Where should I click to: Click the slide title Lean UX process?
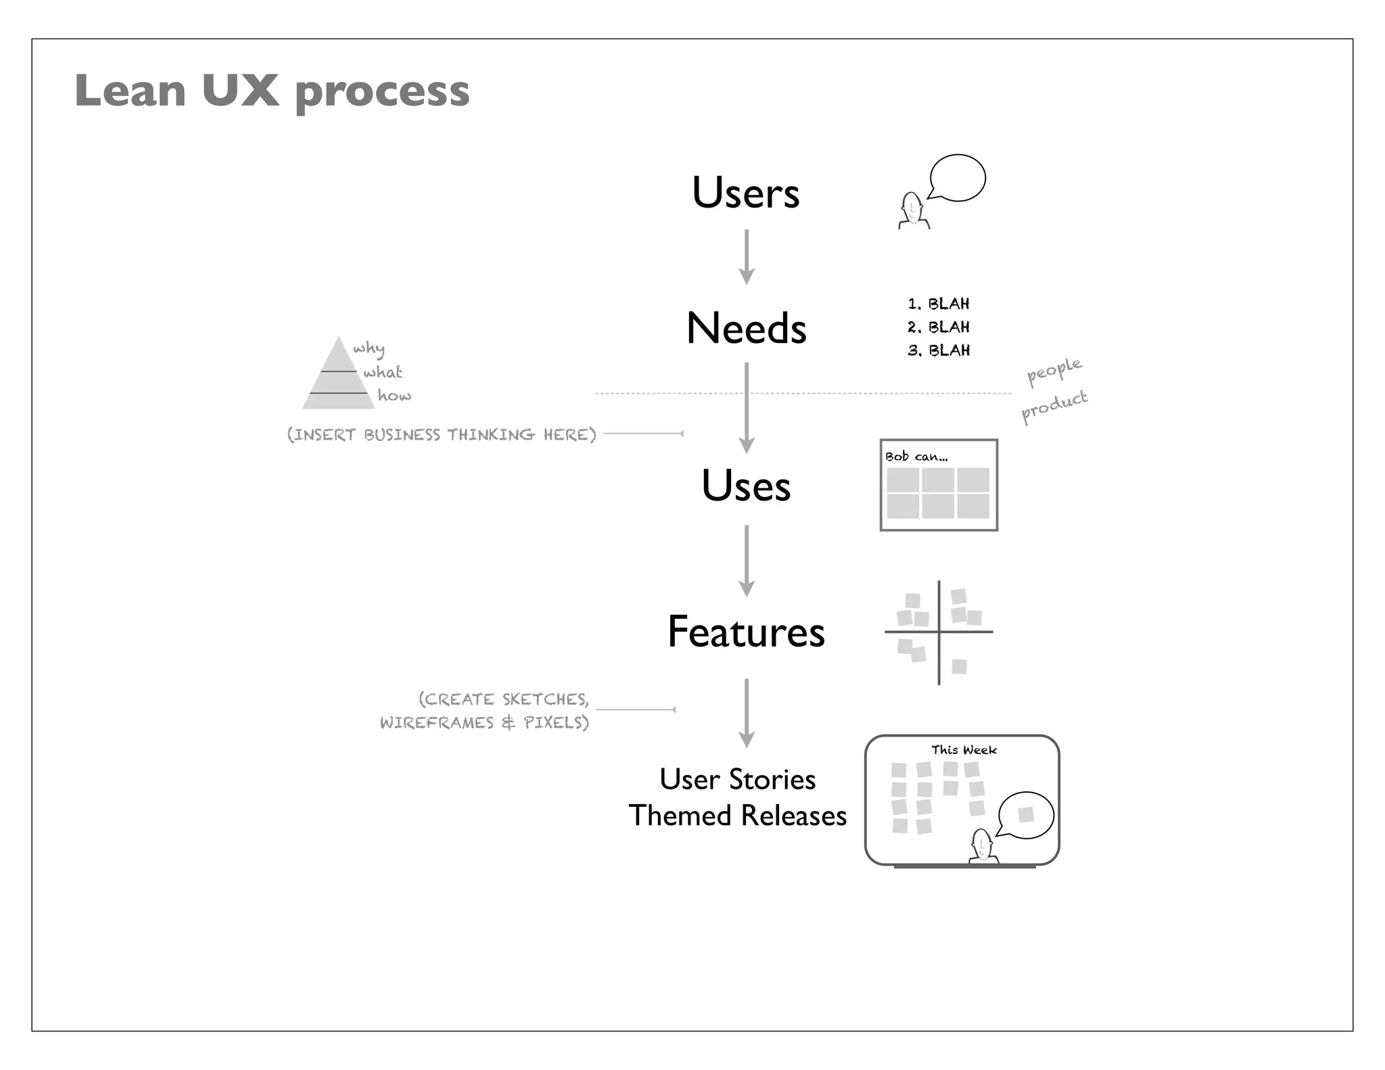[x=272, y=91]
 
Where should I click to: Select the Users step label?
[x=745, y=193]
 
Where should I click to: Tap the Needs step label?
[x=746, y=329]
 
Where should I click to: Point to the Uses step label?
[x=745, y=486]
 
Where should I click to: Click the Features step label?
[x=746, y=632]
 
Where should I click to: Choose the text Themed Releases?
[x=737, y=816]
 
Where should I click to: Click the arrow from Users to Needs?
[x=746, y=257]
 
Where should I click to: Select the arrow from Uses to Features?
[x=746, y=561]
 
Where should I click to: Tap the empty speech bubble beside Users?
[x=958, y=178]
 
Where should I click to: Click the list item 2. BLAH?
[x=939, y=327]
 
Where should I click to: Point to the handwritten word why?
[x=369, y=349]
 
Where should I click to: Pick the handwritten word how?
[x=394, y=396]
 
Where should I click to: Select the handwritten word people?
[x=1054, y=371]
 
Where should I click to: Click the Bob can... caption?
[x=916, y=457]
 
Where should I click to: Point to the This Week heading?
[x=964, y=750]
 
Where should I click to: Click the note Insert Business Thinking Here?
[x=442, y=434]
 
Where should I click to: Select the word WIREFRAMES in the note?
[x=437, y=723]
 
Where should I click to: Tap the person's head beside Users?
[x=912, y=206]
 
